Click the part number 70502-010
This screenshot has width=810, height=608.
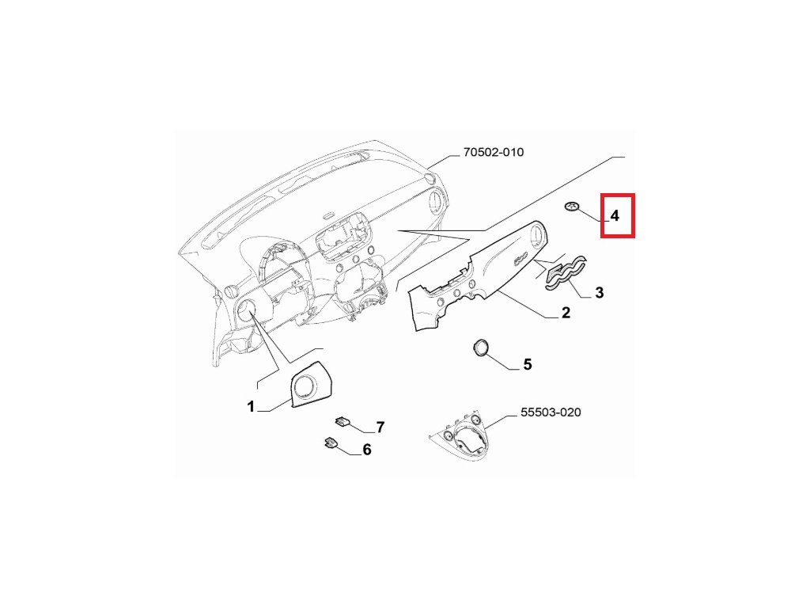click(493, 152)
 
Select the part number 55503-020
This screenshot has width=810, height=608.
click(551, 412)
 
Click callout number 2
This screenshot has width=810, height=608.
click(566, 313)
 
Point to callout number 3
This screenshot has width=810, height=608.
click(599, 293)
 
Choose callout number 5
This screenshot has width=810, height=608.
click(527, 365)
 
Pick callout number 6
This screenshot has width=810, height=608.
click(366, 450)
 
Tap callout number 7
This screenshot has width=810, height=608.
click(380, 427)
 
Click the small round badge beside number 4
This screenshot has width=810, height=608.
click(572, 207)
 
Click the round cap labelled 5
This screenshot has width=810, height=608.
click(479, 348)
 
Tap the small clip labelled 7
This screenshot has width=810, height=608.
click(343, 421)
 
